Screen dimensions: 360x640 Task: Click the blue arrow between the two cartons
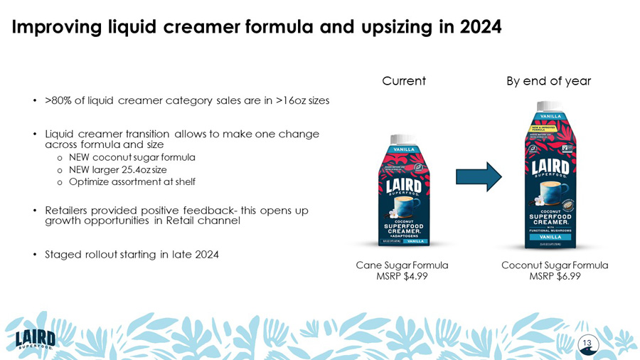click(479, 176)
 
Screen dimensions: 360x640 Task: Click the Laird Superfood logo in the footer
click(36, 337)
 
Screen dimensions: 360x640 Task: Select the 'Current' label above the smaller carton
click(404, 81)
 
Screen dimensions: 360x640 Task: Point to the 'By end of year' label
click(548, 81)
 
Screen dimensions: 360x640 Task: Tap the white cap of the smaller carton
click(402, 139)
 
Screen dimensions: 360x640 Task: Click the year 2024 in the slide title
click(480, 27)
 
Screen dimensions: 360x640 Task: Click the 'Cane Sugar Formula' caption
click(402, 265)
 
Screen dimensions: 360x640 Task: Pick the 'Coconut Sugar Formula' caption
click(555, 265)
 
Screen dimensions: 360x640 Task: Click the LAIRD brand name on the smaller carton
click(402, 186)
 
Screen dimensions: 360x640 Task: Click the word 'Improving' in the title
click(58, 27)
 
